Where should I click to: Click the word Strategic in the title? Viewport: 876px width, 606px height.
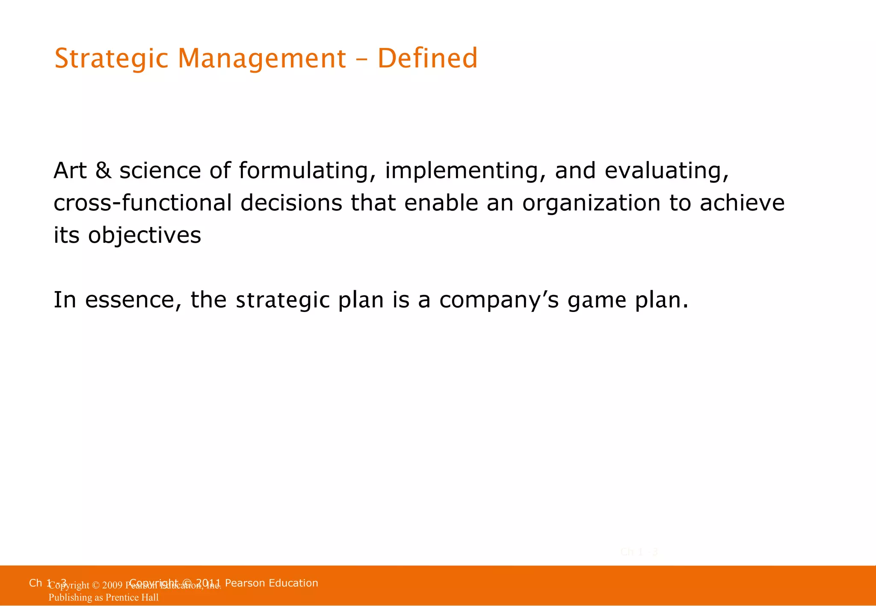[111, 59]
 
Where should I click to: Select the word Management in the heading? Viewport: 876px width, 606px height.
[262, 59]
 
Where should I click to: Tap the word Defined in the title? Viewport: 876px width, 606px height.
[427, 59]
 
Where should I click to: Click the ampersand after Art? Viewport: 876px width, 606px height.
[103, 171]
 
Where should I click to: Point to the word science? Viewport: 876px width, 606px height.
[160, 171]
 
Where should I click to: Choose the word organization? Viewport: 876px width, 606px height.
[591, 203]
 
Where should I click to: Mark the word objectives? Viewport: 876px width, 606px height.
[145, 235]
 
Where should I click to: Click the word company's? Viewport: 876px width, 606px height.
[499, 301]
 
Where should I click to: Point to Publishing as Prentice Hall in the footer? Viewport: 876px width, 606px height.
[104, 597]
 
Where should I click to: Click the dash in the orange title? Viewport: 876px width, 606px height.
[361, 59]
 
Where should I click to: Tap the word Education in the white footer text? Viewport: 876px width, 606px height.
[293, 583]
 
